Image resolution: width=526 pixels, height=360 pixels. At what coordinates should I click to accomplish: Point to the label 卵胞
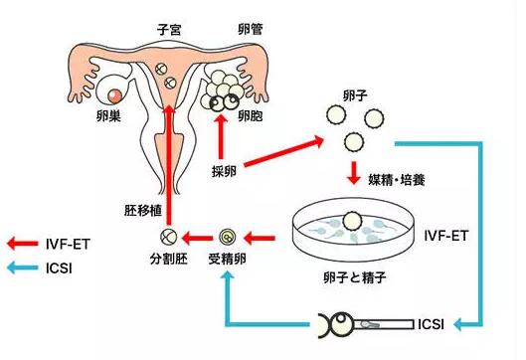pyautogui.click(x=251, y=117)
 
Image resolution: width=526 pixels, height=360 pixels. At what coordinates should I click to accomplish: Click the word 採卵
pyautogui.click(x=223, y=171)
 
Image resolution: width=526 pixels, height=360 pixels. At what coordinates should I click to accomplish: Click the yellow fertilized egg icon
pyautogui.click(x=227, y=238)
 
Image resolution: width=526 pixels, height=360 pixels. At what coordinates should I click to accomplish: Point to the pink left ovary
pyautogui.click(x=117, y=94)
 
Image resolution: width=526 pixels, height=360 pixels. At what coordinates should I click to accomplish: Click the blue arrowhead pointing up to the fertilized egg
pyautogui.click(x=227, y=281)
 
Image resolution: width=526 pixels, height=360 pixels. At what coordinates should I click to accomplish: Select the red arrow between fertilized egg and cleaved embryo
pyautogui.click(x=198, y=238)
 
